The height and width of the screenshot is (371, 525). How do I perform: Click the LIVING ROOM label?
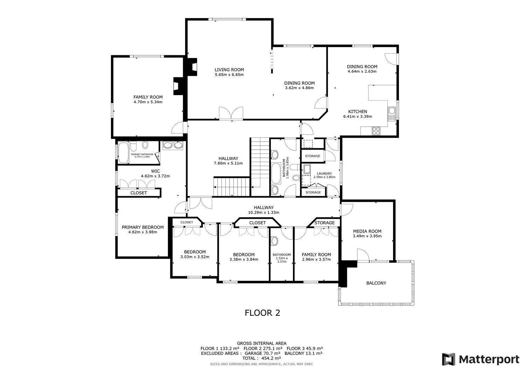tap(229, 70)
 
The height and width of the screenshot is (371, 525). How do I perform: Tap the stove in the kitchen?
tap(376, 131)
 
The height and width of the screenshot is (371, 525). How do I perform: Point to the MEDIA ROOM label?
tap(367, 231)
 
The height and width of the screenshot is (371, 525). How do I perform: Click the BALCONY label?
tap(376, 283)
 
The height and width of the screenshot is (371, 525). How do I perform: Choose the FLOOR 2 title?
tap(262, 313)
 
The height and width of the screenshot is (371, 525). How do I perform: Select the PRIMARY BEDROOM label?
tap(143, 227)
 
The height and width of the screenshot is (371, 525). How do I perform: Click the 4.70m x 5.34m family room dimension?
tap(148, 102)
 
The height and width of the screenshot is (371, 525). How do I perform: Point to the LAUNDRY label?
tap(324, 173)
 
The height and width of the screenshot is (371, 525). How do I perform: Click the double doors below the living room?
tap(231, 113)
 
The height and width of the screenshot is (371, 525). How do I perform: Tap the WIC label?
tap(155, 171)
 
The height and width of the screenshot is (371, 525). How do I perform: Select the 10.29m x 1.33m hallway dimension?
tap(264, 212)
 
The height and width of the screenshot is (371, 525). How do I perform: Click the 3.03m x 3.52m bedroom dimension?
tap(195, 257)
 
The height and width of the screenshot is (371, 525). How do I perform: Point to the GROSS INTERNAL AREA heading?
tap(262, 343)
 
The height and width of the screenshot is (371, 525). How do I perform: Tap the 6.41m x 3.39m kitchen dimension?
tap(357, 116)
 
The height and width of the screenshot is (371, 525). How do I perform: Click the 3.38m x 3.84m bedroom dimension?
tap(244, 259)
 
